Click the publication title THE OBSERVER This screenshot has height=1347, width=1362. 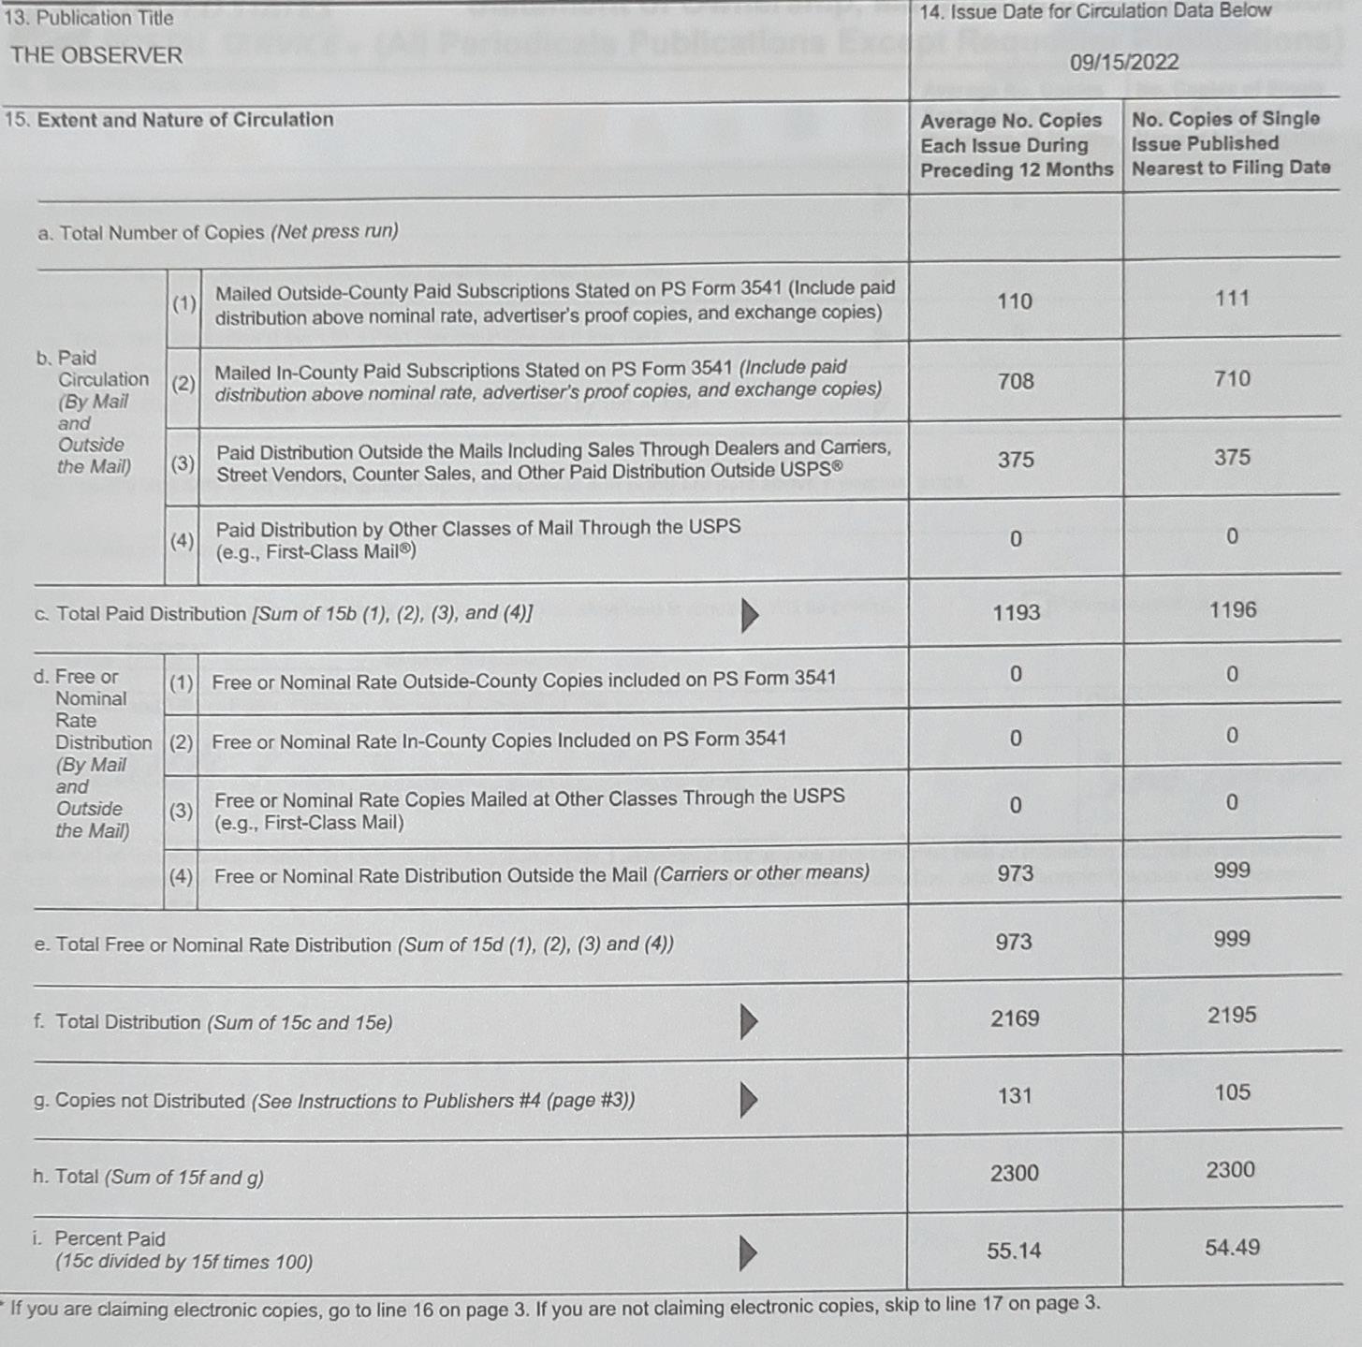click(x=96, y=56)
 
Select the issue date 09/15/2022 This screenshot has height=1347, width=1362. click(x=1124, y=63)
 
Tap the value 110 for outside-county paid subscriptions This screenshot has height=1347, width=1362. click(x=1015, y=301)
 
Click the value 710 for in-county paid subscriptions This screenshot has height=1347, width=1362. click(x=1232, y=379)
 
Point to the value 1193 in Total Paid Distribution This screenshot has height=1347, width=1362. click(x=1016, y=612)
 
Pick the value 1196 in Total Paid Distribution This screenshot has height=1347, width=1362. click(x=1232, y=610)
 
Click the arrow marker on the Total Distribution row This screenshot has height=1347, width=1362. click(x=748, y=1021)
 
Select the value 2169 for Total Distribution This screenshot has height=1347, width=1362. click(x=1015, y=1018)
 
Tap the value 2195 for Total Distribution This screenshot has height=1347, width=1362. click(x=1232, y=1016)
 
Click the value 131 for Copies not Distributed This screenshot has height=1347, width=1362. click(x=1015, y=1095)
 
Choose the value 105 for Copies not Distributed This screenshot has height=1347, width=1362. click(x=1232, y=1092)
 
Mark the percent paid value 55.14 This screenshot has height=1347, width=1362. click(x=1014, y=1251)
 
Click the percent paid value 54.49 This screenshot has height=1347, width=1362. click(x=1232, y=1248)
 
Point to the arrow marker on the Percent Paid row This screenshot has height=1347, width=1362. click(x=747, y=1252)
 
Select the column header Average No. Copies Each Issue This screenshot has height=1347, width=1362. click(x=1016, y=145)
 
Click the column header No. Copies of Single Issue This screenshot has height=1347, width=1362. click(x=1230, y=143)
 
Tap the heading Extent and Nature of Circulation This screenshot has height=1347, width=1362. click(x=184, y=120)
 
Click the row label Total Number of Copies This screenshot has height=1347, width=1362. click(x=217, y=232)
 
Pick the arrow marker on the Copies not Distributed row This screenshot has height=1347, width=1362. click(x=748, y=1099)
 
